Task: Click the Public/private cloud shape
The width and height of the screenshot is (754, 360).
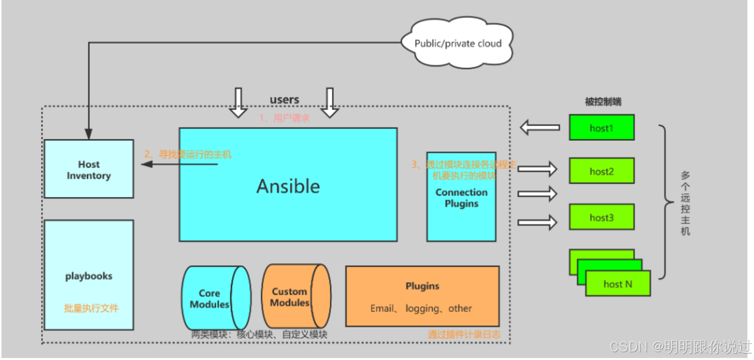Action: click(x=458, y=44)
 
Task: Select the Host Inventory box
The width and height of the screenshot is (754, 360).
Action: click(x=89, y=169)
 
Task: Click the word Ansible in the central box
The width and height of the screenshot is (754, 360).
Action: click(x=288, y=186)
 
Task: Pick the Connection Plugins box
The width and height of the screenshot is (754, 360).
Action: click(x=461, y=197)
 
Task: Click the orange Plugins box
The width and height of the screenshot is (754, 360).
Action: click(x=422, y=296)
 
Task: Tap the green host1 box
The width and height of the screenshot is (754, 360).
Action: click(x=602, y=128)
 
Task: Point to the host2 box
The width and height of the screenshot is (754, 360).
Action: click(x=602, y=171)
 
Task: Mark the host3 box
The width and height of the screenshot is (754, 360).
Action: click(x=602, y=217)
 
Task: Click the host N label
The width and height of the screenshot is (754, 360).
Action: click(x=617, y=284)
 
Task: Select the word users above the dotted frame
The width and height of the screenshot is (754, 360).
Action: click(x=284, y=99)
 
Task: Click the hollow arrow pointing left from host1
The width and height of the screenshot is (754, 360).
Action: click(x=539, y=128)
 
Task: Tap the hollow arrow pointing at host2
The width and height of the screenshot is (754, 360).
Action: click(x=537, y=169)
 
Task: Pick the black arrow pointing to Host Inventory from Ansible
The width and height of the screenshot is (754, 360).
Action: click(x=179, y=165)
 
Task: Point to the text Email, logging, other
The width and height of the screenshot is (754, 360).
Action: click(x=421, y=309)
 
